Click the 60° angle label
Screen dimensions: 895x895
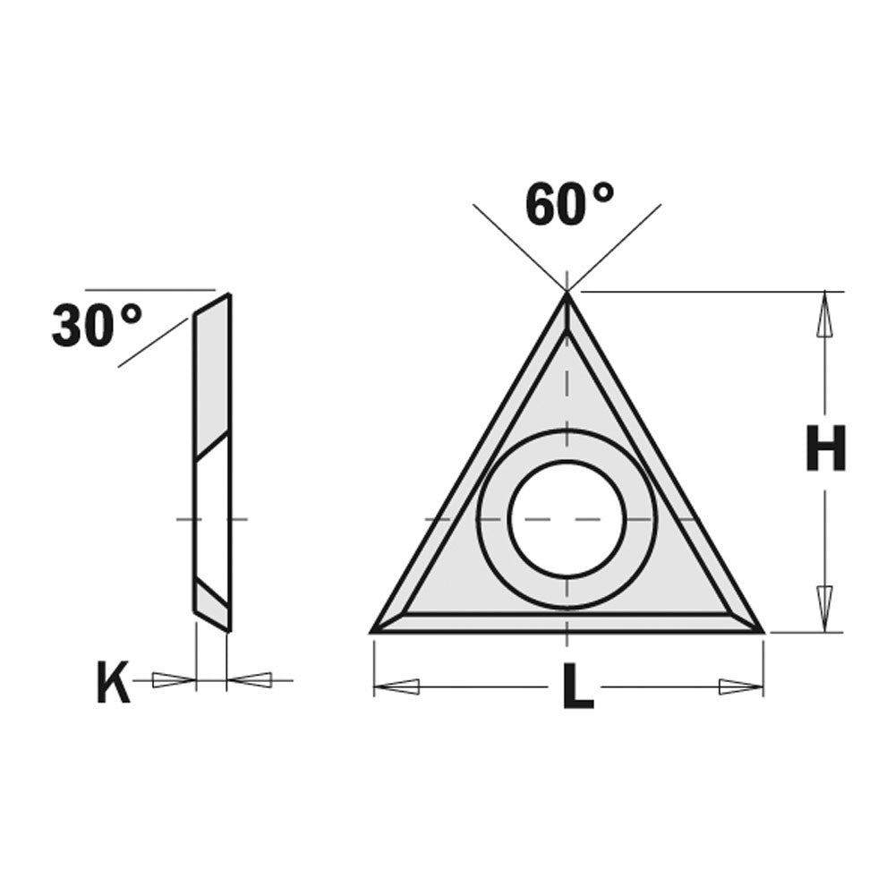pyautogui.click(x=569, y=205)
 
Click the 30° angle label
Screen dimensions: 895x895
pyautogui.click(x=97, y=326)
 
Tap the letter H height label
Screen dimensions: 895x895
pyautogui.click(x=825, y=449)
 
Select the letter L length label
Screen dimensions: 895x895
pyautogui.click(x=577, y=689)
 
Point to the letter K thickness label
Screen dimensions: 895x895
pyautogui.click(x=113, y=686)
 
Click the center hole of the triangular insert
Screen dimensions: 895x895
pyautogui.click(x=567, y=519)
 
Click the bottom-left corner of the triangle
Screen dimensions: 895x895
pyautogui.click(x=374, y=631)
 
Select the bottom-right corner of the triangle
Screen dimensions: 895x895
pyautogui.click(x=761, y=631)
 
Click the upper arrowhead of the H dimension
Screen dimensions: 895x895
pyautogui.click(x=824, y=313)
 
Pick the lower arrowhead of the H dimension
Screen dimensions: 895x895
pyautogui.click(x=824, y=609)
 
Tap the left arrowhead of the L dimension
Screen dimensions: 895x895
pyautogui.click(x=396, y=687)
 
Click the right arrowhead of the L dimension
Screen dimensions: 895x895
pyautogui.click(x=740, y=687)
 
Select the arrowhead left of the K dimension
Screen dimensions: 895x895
pyautogui.click(x=174, y=681)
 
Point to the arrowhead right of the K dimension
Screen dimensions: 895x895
pyautogui.click(x=250, y=681)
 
